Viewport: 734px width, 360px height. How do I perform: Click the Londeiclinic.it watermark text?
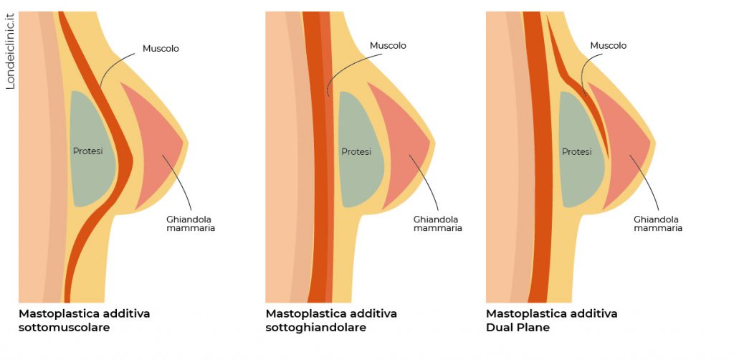tap(10, 52)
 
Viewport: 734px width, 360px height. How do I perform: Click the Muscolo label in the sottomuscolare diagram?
tap(161, 49)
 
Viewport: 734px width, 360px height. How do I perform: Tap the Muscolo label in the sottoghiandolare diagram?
tap(388, 46)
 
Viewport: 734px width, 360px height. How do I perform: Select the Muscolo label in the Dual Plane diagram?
tap(608, 46)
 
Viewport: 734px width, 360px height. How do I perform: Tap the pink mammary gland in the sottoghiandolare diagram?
tap(401, 143)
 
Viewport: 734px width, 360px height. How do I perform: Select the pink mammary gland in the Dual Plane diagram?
tap(622, 143)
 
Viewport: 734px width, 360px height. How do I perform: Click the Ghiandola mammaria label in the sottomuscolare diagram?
tap(186, 224)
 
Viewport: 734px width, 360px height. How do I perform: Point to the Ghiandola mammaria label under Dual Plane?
tap(658, 224)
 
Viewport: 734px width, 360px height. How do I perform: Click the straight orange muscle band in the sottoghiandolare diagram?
tap(316, 179)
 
